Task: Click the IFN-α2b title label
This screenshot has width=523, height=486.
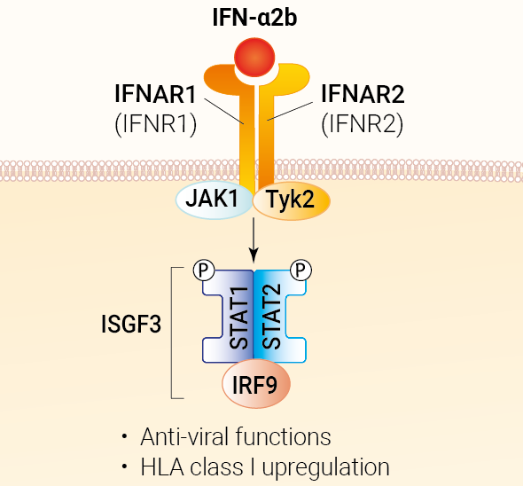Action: [x=254, y=18]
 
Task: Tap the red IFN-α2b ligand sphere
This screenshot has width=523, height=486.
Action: [x=254, y=58]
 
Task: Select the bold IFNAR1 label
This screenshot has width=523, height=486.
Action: [x=155, y=94]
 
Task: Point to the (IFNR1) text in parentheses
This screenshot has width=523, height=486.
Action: [x=156, y=124]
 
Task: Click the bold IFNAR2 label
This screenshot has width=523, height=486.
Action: [x=363, y=94]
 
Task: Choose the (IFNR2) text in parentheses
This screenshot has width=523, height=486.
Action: [x=363, y=124]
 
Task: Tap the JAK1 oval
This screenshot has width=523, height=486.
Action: [x=215, y=200]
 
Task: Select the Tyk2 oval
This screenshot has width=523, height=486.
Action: [x=292, y=200]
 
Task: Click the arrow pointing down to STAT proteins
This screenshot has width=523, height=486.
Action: [x=254, y=240]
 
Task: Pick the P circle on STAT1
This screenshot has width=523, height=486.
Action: [x=204, y=270]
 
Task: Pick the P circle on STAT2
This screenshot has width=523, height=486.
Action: [x=301, y=270]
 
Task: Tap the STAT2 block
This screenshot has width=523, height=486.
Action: [x=280, y=317]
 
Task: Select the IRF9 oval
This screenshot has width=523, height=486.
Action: [x=256, y=384]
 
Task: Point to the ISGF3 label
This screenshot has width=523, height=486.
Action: [x=131, y=324]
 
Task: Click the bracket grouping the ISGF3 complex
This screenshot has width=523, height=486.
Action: [x=171, y=333]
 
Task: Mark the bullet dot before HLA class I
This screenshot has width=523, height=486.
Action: [x=125, y=466]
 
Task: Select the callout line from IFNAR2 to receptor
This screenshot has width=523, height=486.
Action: [x=290, y=111]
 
